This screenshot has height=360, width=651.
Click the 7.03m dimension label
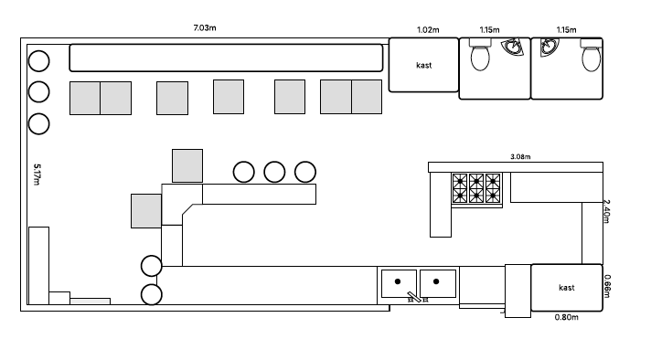pyautogui.click(x=204, y=29)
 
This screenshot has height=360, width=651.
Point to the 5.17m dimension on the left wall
pyautogui.click(x=37, y=174)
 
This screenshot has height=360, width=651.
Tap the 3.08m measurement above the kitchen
pyautogui.click(x=522, y=156)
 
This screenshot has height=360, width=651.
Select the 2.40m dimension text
pyautogui.click(x=606, y=211)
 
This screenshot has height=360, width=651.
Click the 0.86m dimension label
pyautogui.click(x=606, y=286)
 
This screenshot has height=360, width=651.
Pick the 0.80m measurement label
pyautogui.click(x=567, y=318)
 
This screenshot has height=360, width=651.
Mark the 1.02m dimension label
pyautogui.click(x=428, y=30)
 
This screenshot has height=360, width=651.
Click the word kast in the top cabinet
pyautogui.click(x=423, y=65)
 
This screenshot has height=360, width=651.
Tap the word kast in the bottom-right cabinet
pyautogui.click(x=567, y=288)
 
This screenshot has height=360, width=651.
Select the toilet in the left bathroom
pyautogui.click(x=479, y=56)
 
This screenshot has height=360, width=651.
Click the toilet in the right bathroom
pyautogui.click(x=592, y=56)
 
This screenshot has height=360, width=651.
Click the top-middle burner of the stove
pyautogui.click(x=476, y=181)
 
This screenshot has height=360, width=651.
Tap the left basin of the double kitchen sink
pyautogui.click(x=399, y=283)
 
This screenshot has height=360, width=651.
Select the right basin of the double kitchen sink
pyautogui.click(x=438, y=283)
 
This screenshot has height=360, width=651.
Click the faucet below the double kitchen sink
pyautogui.click(x=417, y=298)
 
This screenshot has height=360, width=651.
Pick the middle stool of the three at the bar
pyautogui.click(x=274, y=171)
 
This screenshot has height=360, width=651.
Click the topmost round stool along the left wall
pyautogui.click(x=38, y=61)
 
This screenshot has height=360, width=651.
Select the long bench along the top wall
pyautogui.click(x=226, y=58)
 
